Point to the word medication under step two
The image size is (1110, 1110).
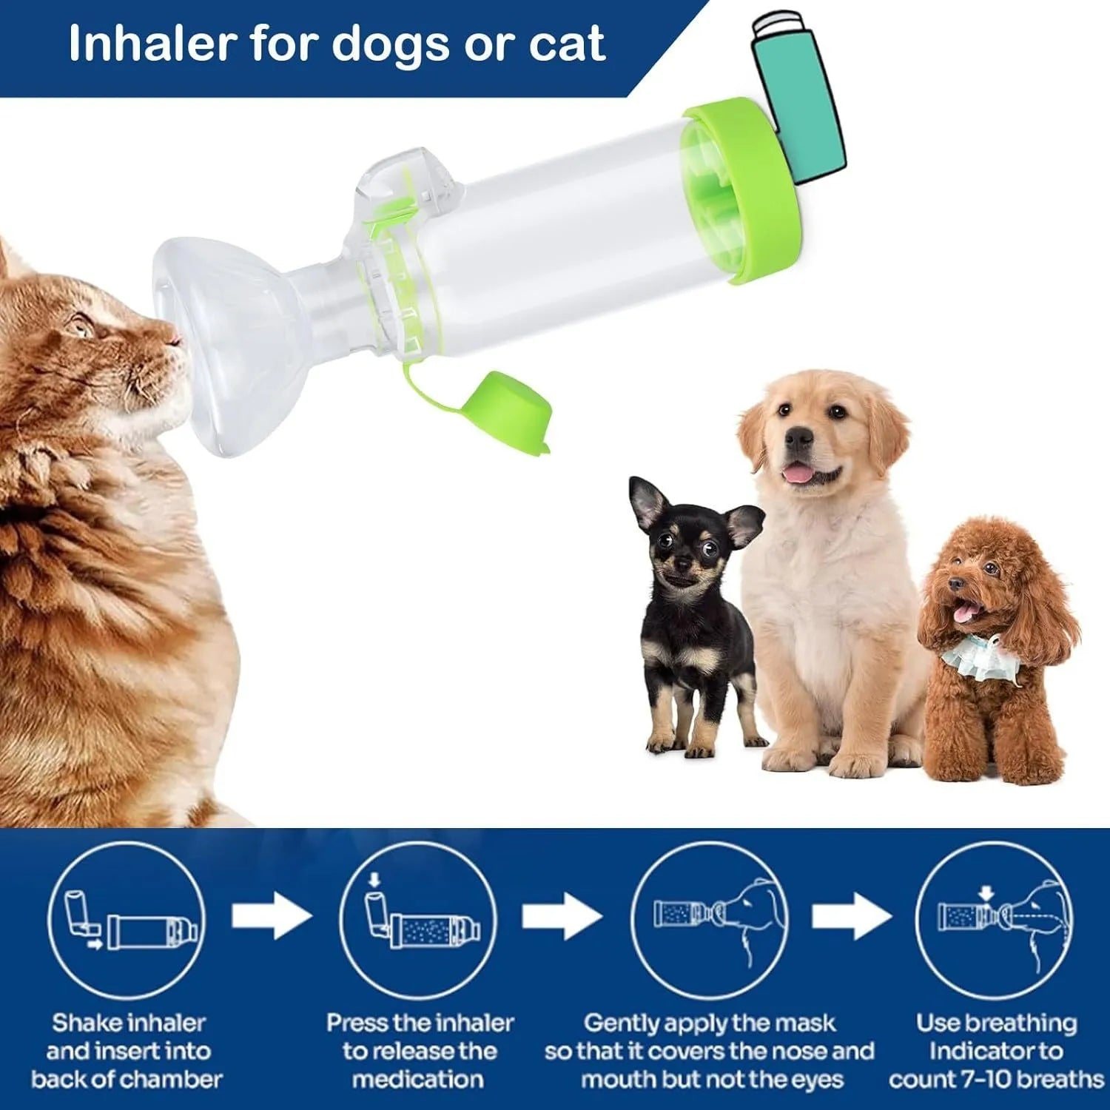[418, 1079]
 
